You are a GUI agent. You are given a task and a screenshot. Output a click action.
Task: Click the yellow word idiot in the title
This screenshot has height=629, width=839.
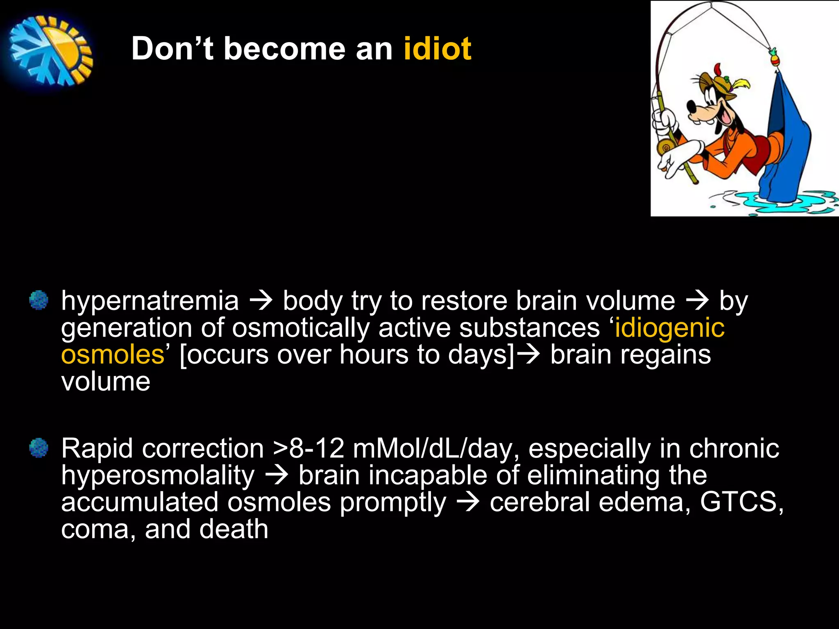(437, 49)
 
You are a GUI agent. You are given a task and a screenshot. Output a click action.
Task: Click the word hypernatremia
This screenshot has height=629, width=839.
(150, 301)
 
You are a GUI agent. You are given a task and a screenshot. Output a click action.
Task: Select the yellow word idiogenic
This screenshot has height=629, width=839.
(669, 328)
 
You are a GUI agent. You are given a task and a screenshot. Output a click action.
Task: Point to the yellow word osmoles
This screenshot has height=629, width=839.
(112, 355)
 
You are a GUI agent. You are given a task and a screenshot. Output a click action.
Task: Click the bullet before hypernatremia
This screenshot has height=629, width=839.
(39, 300)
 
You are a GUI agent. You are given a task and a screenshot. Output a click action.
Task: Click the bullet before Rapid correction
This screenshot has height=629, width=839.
(39, 448)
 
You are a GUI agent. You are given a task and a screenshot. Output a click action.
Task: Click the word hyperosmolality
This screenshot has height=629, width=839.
(158, 476)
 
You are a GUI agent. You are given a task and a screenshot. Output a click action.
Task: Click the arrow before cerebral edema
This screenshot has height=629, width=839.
(467, 502)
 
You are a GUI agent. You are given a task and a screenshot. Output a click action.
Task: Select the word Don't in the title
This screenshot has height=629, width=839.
(172, 49)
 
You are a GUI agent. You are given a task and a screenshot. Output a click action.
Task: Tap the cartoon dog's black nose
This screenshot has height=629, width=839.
(692, 108)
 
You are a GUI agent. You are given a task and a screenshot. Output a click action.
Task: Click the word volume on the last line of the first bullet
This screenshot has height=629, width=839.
(106, 382)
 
